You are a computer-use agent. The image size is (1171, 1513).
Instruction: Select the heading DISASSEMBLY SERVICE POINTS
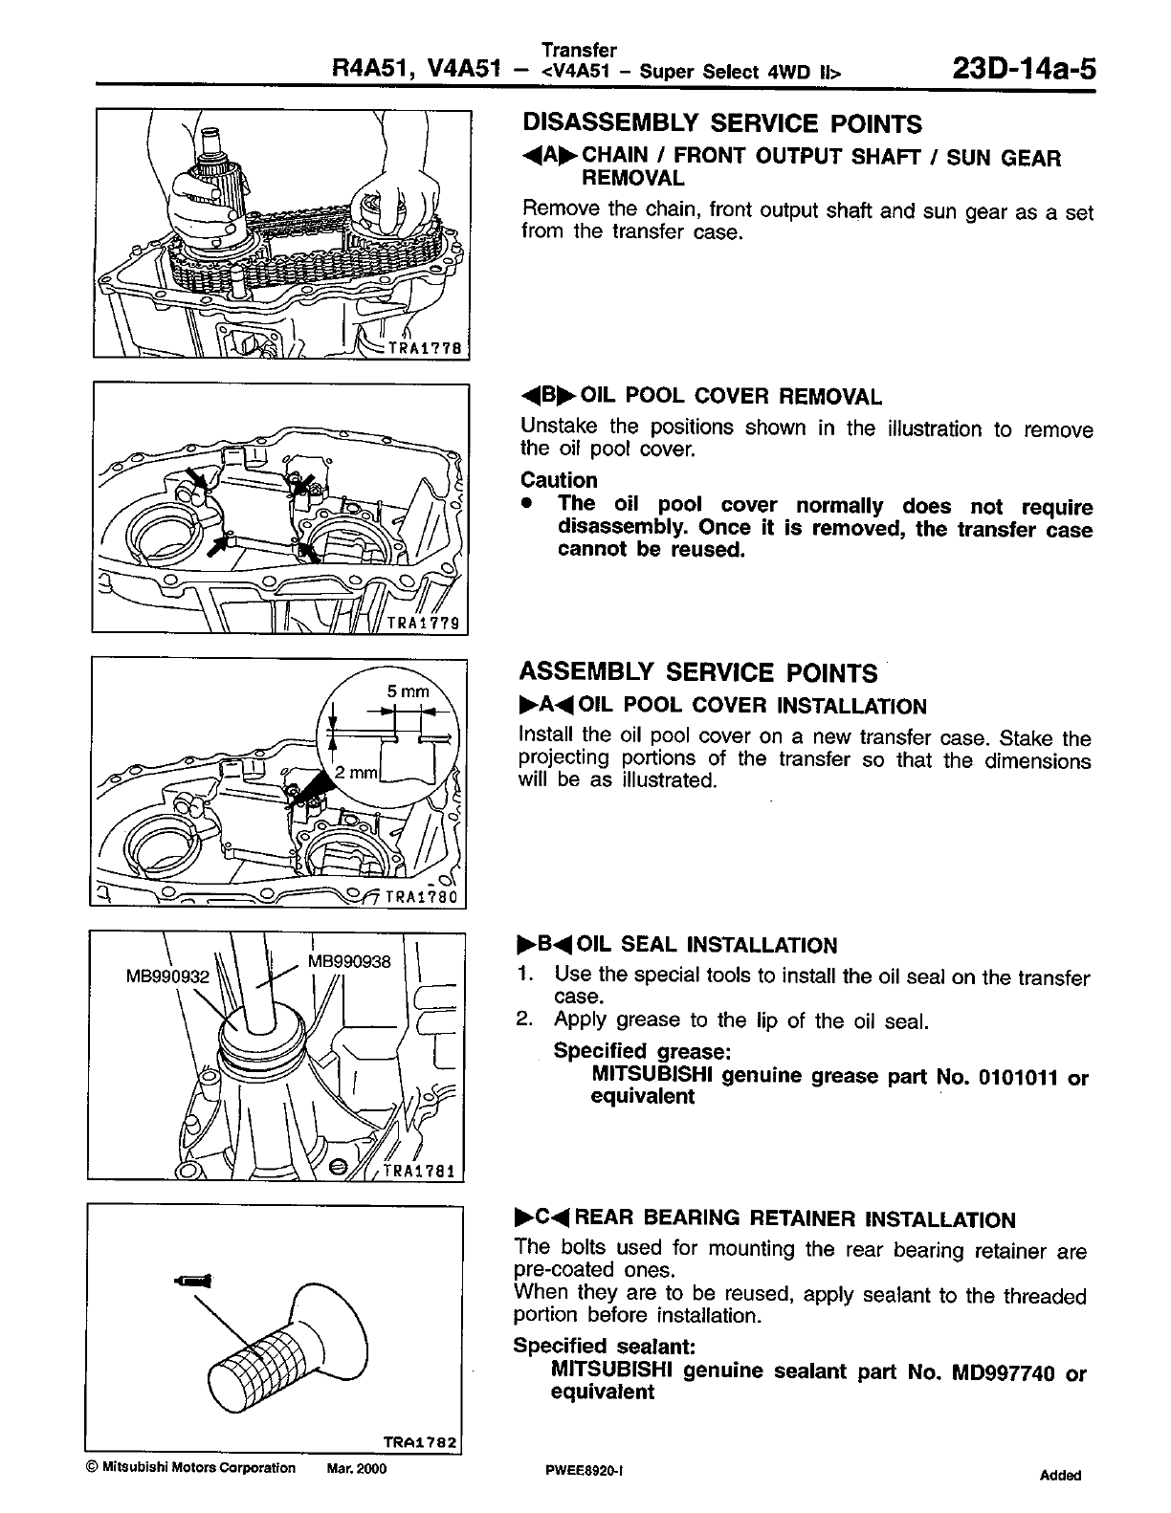tap(722, 124)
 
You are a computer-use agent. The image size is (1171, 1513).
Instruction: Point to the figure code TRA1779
tap(427, 624)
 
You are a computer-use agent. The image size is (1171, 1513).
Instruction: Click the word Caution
tap(559, 480)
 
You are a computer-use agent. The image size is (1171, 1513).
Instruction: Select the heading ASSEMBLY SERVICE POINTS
tap(697, 673)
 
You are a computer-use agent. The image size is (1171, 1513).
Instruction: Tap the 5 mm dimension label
tap(408, 691)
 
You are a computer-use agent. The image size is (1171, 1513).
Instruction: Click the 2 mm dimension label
tap(357, 772)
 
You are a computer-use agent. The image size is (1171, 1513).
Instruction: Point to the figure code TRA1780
tap(426, 898)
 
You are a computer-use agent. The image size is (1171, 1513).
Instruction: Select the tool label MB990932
tap(167, 976)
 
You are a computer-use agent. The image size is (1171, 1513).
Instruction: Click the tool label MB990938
tap(349, 961)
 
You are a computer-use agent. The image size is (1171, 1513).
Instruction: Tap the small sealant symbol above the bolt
tap(197, 1280)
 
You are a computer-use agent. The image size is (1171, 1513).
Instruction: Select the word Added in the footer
tap(1060, 1476)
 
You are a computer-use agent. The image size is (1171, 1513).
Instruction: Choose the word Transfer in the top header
tap(579, 50)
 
